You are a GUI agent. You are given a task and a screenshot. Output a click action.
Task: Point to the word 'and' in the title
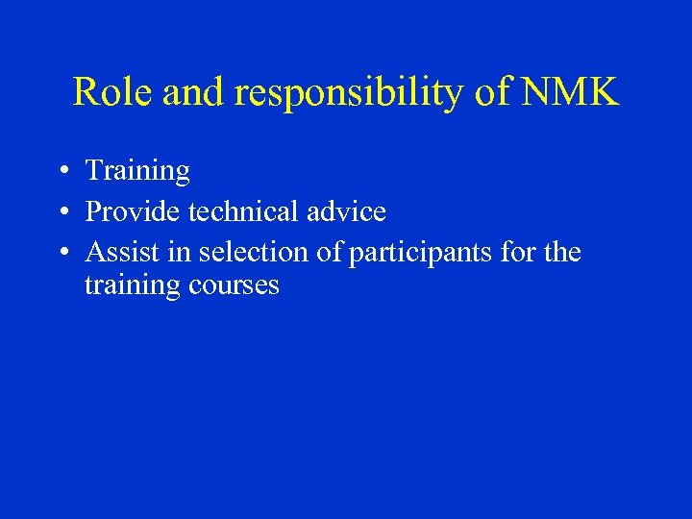[x=195, y=92]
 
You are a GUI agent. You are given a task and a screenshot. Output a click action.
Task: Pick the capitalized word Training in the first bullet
[x=137, y=172]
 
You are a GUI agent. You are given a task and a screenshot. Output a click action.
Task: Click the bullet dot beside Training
[x=61, y=172]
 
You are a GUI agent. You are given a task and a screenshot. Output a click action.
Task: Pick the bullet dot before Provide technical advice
[x=61, y=212]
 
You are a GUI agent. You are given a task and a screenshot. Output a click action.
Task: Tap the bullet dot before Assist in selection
[x=61, y=254]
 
